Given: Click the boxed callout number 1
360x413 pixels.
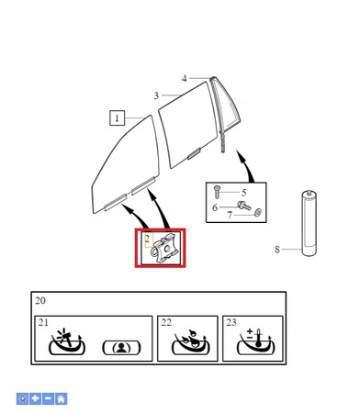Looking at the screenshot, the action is pos(117,118).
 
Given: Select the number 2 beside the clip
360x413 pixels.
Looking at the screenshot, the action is pos(148,239).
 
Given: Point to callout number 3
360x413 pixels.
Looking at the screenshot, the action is pos(156,95).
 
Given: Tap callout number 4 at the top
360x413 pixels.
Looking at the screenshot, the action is pos(184,79).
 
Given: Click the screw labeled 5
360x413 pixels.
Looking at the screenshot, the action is pos(217,192).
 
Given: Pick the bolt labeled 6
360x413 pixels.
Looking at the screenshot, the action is pos(244,205).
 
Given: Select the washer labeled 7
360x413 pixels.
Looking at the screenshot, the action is pos(258,212).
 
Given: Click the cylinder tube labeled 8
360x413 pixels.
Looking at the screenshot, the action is pos(309,223).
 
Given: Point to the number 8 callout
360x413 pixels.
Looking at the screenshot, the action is pos(277,250).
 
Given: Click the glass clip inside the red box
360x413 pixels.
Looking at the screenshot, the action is pos(164,248).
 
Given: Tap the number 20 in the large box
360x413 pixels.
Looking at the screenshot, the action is pos(40,300).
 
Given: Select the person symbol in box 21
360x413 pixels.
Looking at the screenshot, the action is pos(121,348).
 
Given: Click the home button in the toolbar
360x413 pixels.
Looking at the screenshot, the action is pos(61,399).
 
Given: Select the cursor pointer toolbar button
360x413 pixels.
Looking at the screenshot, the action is pos(22,399).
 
